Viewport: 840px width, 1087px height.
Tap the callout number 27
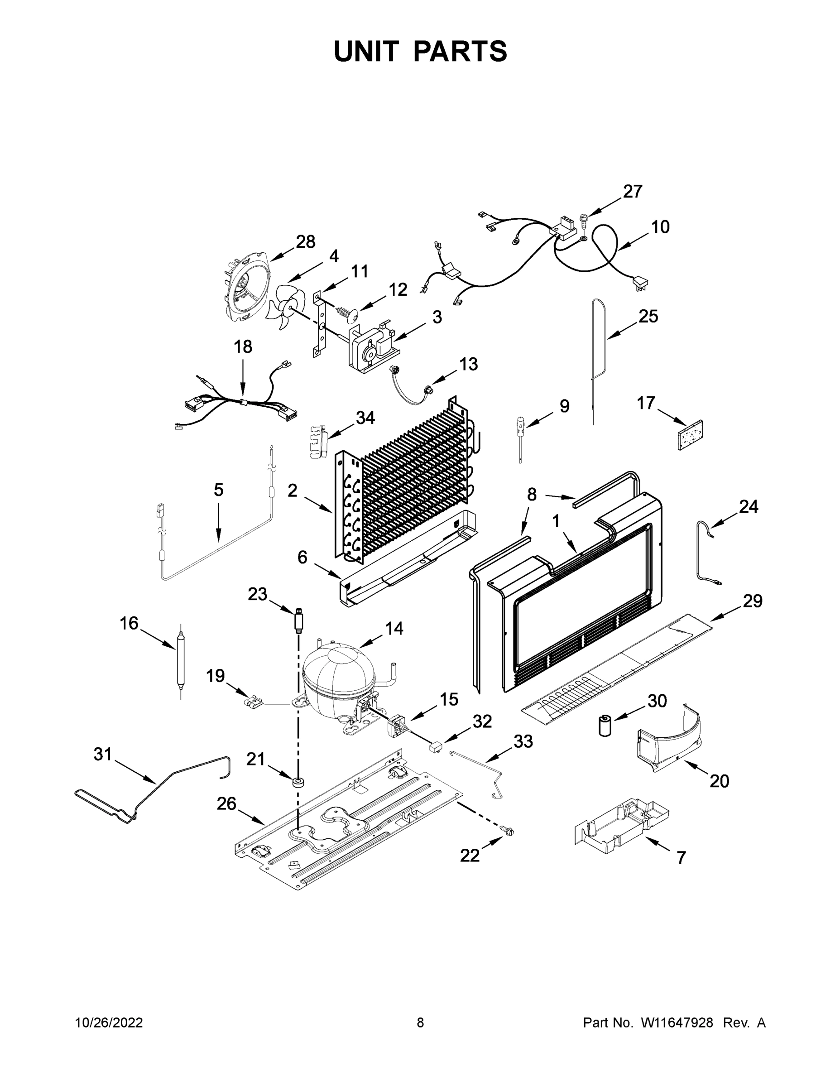click(633, 192)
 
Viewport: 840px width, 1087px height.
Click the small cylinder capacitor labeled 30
click(605, 726)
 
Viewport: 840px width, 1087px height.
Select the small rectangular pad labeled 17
click(690, 434)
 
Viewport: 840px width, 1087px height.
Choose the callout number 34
click(365, 418)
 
